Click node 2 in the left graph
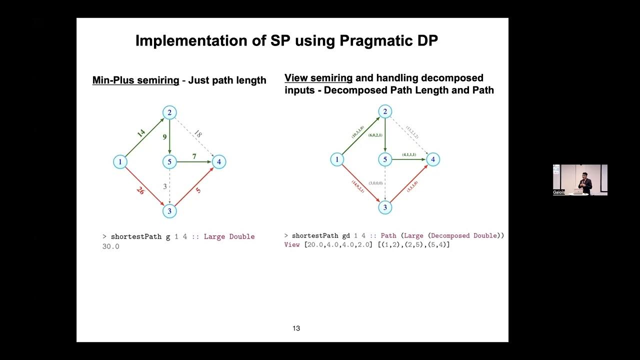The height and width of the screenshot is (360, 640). pos(169,112)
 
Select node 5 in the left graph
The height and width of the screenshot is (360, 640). pos(169,161)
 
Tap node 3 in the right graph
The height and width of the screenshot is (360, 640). pos(385,207)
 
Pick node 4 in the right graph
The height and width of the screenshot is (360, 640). pos(433,159)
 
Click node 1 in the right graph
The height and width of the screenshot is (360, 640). pos(337,159)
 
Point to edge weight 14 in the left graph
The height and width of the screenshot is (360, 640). pos(141,133)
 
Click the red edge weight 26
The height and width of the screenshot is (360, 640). pos(140,190)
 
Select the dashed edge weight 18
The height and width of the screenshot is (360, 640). pos(198,133)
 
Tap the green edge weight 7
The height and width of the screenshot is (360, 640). pos(194,156)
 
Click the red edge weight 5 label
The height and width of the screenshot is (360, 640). pos(198,190)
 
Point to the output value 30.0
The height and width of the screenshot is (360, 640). pos(110,246)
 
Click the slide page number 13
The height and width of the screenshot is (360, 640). pos(296,328)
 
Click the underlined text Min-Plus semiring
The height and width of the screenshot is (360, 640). pos(135,80)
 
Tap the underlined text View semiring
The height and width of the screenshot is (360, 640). pos(318,78)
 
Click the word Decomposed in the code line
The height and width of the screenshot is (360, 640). pos(451,235)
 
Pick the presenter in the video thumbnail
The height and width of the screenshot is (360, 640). pos(584,183)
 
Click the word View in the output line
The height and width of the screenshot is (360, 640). pos(292,244)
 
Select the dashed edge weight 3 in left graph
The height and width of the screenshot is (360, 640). pos(165,186)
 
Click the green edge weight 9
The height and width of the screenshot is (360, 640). pos(164,136)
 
